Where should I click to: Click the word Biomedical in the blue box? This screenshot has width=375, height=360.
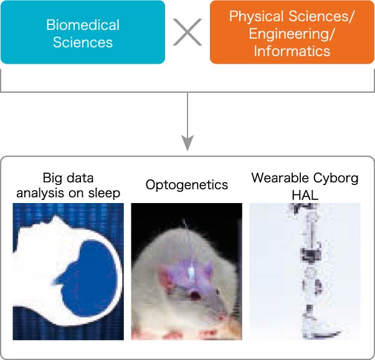coord(83,25)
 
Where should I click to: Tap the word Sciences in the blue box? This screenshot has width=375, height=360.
coord(83,42)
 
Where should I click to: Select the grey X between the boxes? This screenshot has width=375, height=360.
coord(187,32)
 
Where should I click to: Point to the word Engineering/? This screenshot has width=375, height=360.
coord(291,34)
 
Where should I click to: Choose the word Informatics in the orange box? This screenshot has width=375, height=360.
coord(292,51)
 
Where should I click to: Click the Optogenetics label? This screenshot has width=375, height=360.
coord(187,185)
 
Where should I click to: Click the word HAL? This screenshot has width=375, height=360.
coord(305,196)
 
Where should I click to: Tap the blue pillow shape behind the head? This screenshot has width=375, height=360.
coord(88,278)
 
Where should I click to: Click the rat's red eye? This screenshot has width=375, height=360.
coord(195,296)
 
